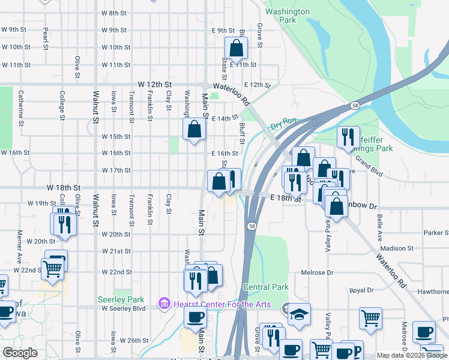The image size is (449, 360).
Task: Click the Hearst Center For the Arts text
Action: (222, 304)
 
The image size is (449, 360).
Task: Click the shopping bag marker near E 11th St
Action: (237, 49)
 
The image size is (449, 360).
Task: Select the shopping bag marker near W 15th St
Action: (194, 129)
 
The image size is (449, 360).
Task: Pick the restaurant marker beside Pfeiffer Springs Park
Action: (348, 137)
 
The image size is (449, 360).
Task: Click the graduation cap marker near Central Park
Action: (298, 314)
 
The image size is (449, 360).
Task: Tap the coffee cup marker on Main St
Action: (194, 317)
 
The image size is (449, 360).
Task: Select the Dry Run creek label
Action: (283, 124)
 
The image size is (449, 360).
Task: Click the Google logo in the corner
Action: (20, 353)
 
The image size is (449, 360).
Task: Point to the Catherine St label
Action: (21, 104)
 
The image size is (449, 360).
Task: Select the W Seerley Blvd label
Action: (124, 308)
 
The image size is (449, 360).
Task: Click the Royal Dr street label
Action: (361, 290)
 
